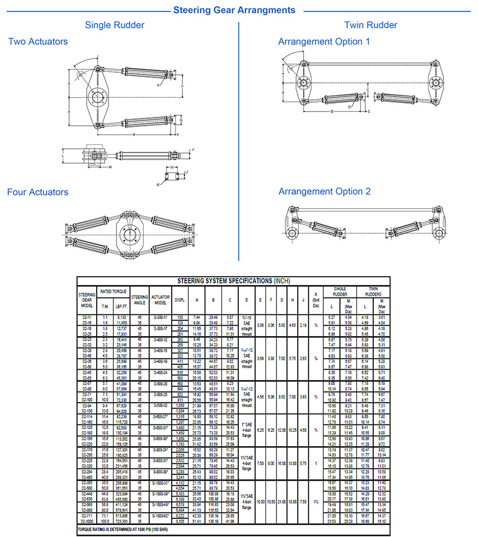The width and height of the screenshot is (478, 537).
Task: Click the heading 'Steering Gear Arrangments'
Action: pyautogui.click(x=234, y=10)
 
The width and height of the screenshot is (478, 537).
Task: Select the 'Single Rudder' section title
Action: pyautogui.click(x=114, y=25)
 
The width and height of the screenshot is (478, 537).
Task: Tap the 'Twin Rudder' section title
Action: pyautogui.click(x=371, y=25)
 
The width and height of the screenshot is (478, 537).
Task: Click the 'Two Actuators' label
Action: pyautogui.click(x=38, y=41)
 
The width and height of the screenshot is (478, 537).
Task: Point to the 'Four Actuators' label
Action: pyautogui.click(x=38, y=192)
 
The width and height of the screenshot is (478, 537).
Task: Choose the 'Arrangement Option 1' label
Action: pyautogui.click(x=324, y=41)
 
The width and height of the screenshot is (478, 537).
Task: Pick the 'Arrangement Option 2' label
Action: pyautogui.click(x=324, y=192)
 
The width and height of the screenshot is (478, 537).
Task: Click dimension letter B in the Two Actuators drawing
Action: pyautogui.click(x=133, y=135)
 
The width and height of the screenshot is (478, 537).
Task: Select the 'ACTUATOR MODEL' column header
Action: pyautogui.click(x=160, y=300)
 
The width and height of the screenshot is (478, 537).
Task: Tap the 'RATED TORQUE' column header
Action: pyautogui.click(x=113, y=292)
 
